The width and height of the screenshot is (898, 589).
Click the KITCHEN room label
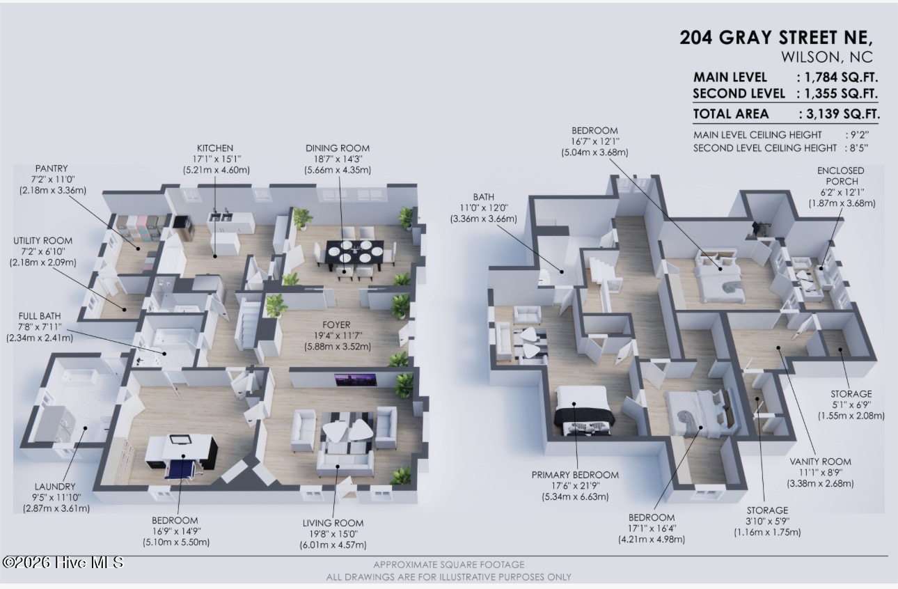coord(215,148)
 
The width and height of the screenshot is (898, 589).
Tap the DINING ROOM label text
coord(338,148)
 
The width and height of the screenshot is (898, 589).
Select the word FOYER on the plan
coord(336,324)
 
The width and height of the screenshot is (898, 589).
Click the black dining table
coord(355,254)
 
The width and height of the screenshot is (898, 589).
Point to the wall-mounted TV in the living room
coord(356,379)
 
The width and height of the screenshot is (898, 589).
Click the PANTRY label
coord(52,168)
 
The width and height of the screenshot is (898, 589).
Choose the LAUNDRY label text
coord(55,487)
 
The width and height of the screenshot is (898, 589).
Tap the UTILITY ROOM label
coord(43,241)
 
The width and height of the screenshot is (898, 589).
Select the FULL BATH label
coord(40,316)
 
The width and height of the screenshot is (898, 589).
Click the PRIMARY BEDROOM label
coord(575,475)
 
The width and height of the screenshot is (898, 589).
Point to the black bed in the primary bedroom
coord(583,412)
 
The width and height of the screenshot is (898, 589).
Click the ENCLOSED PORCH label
coord(841,175)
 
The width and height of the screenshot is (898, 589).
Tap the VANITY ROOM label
coord(820,462)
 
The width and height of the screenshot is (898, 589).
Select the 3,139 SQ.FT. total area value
coord(843,114)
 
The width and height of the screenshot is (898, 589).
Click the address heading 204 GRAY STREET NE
coord(775,38)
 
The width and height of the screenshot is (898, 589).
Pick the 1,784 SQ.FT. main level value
coord(842,77)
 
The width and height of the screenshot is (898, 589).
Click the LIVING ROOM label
coord(333,523)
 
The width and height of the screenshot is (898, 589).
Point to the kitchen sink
coord(221,217)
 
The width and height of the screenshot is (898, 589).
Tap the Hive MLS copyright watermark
coord(63,563)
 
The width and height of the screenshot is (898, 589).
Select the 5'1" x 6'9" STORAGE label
coord(851,405)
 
